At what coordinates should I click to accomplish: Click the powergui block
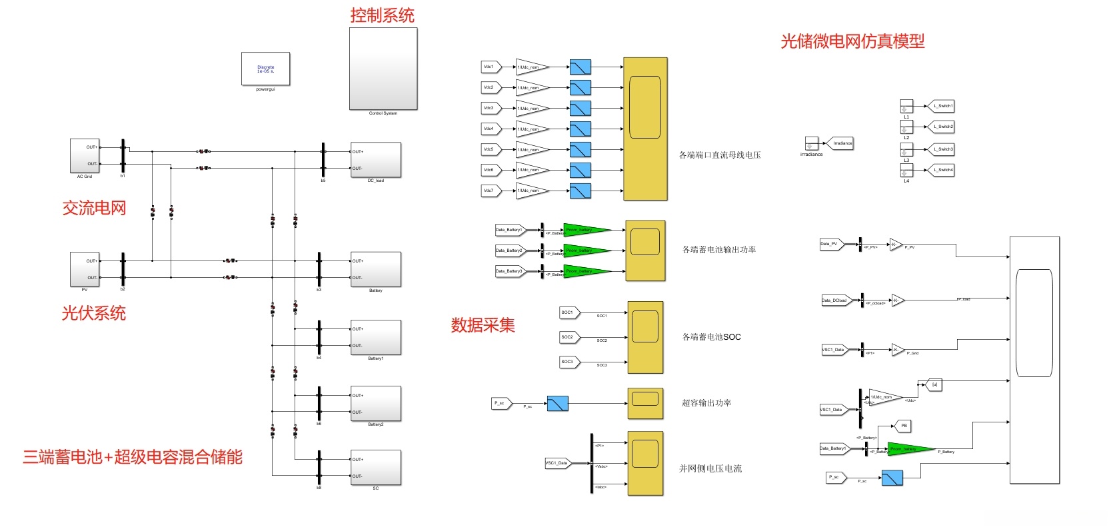click(265, 69)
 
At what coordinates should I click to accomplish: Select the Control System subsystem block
click(383, 69)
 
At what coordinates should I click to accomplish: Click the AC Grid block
click(85, 156)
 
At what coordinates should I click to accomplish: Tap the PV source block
click(85, 269)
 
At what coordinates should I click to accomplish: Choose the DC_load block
click(376, 160)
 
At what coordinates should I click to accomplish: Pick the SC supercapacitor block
click(376, 468)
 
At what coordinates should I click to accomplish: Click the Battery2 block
click(376, 404)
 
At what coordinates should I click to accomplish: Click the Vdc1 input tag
click(490, 67)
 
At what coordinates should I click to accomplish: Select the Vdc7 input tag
click(490, 191)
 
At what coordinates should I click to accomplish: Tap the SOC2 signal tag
click(568, 337)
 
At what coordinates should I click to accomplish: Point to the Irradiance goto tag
click(842, 143)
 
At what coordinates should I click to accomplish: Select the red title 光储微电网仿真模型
click(852, 41)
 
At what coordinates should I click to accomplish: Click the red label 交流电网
click(94, 208)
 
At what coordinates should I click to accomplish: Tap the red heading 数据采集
click(483, 325)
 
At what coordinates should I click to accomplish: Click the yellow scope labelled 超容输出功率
click(645, 403)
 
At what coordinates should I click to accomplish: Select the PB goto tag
click(902, 425)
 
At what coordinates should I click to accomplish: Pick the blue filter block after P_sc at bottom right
click(892, 478)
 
